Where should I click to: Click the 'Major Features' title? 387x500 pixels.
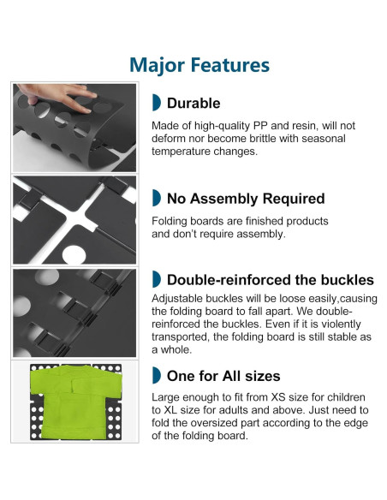pyautogui.click(x=199, y=65)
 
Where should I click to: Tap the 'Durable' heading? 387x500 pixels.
pyautogui.click(x=193, y=103)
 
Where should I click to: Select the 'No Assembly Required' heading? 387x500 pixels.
pyautogui.click(x=246, y=199)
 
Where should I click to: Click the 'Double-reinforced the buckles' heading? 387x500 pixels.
pyautogui.click(x=271, y=280)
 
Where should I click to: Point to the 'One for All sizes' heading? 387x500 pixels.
pyautogui.click(x=223, y=376)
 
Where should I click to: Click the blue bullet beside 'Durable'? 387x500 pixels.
pyautogui.click(x=156, y=103)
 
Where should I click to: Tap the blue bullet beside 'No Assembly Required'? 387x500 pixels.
pyautogui.click(x=156, y=198)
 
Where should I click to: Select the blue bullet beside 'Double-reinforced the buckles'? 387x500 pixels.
pyautogui.click(x=156, y=279)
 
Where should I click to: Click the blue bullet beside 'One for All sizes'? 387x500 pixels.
pyautogui.click(x=156, y=375)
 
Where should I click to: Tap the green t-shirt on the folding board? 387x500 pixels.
pyautogui.click(x=76, y=402)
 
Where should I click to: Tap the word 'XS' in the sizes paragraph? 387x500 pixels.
pyautogui.click(x=278, y=397)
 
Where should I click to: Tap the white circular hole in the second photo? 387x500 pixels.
pyautogui.click(x=74, y=255)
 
